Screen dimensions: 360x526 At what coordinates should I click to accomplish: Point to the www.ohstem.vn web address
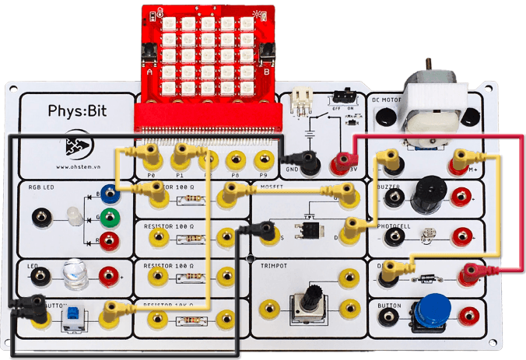click(76, 166)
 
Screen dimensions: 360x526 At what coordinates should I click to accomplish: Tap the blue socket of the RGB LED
click(110, 194)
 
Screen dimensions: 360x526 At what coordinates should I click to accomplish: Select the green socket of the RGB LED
click(110, 218)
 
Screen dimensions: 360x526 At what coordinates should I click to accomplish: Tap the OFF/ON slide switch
click(342, 97)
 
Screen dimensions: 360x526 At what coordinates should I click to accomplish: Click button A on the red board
click(146, 58)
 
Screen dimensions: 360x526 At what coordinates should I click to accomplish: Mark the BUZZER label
click(389, 187)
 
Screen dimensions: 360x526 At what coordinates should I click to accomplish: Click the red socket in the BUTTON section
click(469, 315)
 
